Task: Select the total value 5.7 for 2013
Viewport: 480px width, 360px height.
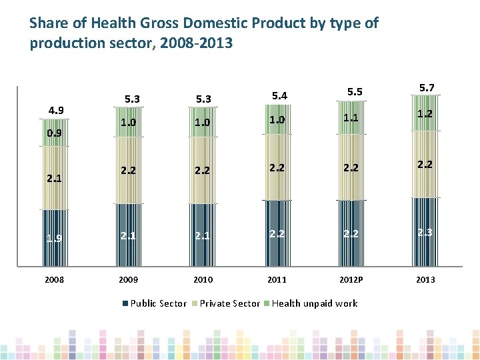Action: click(425, 87)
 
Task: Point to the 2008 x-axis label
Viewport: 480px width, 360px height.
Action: click(54, 279)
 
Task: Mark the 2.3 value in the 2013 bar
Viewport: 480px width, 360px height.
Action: click(425, 232)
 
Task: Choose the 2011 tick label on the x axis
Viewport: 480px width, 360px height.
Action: click(277, 279)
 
